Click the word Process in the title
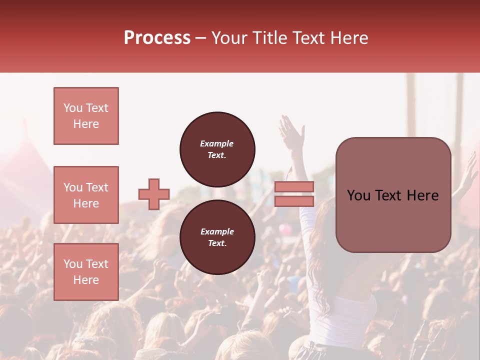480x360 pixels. (x=157, y=38)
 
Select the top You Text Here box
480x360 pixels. (x=86, y=116)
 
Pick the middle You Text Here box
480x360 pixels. (x=86, y=195)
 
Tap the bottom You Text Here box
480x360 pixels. (x=86, y=271)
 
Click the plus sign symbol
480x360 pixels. (x=154, y=194)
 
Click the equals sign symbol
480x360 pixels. (x=294, y=194)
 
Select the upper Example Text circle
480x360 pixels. (x=217, y=149)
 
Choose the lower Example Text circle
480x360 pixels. (x=217, y=237)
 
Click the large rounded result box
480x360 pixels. (x=393, y=195)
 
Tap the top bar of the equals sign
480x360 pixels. (x=294, y=187)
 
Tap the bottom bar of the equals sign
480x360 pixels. (x=294, y=201)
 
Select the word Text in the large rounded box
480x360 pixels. (x=392, y=195)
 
